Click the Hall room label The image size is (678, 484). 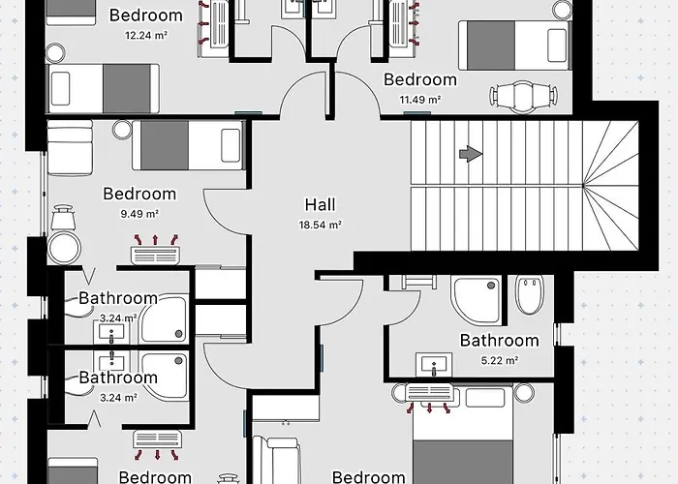coord(320,204)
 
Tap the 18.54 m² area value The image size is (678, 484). coord(320,225)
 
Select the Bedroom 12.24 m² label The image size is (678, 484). coord(146,15)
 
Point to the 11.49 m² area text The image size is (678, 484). coord(420,99)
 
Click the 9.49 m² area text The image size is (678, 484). coord(139,214)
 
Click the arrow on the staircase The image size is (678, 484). coord(470,153)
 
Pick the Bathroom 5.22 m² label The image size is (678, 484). coord(499,340)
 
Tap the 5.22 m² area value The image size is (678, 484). coord(499,360)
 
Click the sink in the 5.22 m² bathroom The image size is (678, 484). coord(434,365)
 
